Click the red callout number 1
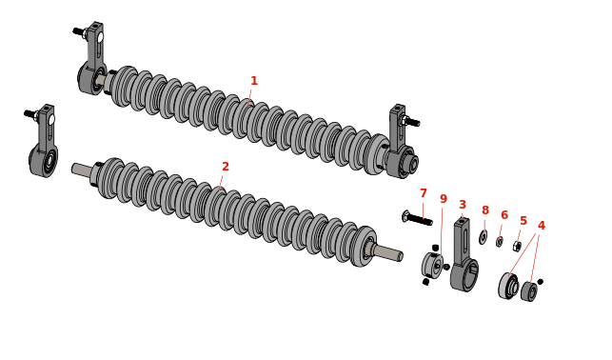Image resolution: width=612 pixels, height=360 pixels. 254,81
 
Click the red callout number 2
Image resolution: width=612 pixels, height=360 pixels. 226,167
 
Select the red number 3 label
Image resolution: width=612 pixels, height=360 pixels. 463,205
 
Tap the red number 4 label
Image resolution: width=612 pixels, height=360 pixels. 542,226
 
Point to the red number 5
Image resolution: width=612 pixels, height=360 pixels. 523,221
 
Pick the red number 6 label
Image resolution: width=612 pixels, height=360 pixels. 504,215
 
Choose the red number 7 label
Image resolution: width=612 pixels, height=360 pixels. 424,193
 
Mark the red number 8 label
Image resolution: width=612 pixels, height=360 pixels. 485,210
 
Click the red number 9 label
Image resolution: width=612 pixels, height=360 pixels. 444,199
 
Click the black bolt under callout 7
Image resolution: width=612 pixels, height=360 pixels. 417,218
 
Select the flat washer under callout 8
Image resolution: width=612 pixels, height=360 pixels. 484,237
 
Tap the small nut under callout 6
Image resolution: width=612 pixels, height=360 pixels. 499,242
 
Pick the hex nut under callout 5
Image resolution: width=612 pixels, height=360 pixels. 517,247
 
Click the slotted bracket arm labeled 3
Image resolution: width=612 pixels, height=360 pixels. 463,253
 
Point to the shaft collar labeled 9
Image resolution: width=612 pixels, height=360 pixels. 432,265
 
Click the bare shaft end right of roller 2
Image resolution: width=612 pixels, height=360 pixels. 388,251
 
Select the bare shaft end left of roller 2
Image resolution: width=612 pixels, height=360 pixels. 83,169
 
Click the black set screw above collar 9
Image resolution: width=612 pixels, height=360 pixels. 436,248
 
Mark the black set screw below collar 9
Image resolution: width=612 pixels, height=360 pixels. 425,282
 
